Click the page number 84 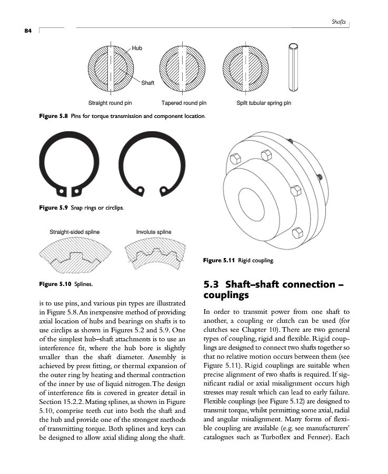[x=27, y=31]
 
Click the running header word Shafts [x=339, y=22]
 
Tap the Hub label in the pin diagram [x=137, y=48]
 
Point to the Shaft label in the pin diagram [x=148, y=83]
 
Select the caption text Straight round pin [x=110, y=103]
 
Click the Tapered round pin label [x=184, y=103]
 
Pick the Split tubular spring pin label [x=264, y=103]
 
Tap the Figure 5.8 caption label [x=54, y=115]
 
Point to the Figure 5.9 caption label [x=54, y=208]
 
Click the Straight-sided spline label [x=74, y=232]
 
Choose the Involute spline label [x=154, y=232]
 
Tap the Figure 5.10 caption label [x=56, y=284]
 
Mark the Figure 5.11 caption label [x=220, y=260]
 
